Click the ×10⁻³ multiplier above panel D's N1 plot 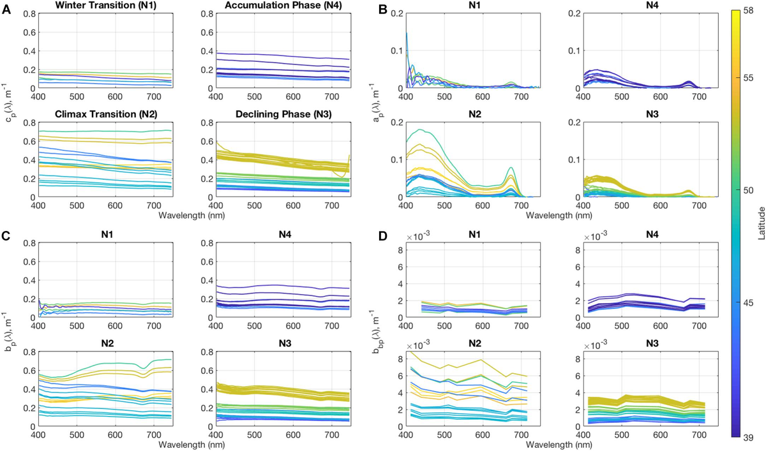pos(416,246)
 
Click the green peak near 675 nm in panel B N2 pos(511,168)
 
